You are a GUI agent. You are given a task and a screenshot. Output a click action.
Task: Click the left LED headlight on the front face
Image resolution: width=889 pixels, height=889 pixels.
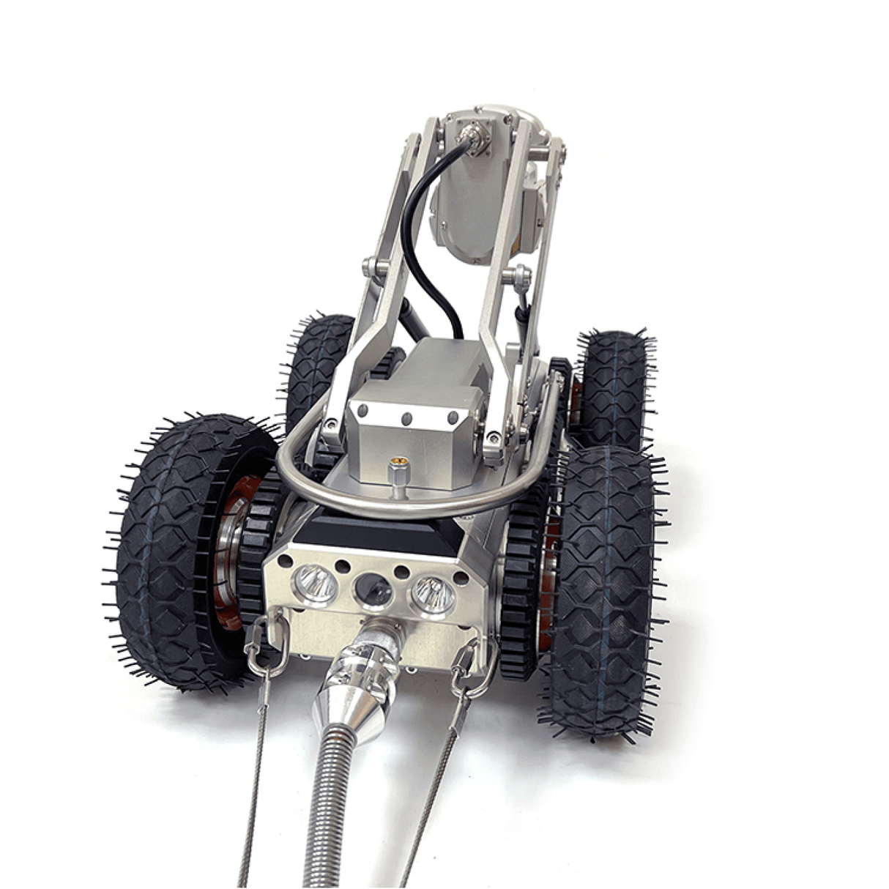point(316,584)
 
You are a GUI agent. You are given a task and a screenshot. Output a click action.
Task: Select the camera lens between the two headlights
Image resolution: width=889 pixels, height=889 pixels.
point(373,587)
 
